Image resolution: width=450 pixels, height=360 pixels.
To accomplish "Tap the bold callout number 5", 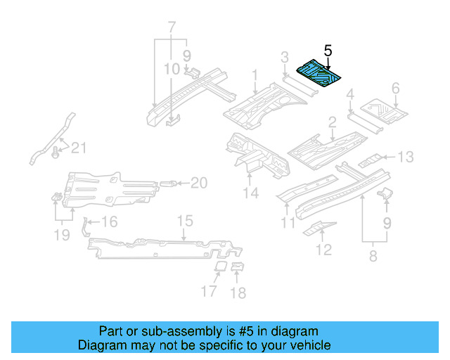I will click(x=328, y=51).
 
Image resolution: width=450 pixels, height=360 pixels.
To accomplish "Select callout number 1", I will click(x=255, y=75).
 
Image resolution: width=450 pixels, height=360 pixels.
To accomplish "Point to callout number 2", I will click(x=332, y=124).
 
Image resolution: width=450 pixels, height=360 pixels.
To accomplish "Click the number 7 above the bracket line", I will click(x=170, y=28).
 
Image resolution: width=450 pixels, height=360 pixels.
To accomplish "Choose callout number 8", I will click(x=372, y=256).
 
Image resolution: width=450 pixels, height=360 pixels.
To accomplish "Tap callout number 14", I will click(x=250, y=193).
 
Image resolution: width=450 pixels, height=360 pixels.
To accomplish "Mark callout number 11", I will click(x=288, y=224).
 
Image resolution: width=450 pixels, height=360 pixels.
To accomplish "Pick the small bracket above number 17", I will click(x=219, y=267).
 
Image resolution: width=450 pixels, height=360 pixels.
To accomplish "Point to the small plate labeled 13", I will click(x=372, y=160).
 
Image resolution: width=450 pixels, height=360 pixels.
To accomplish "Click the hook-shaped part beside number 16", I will click(x=86, y=225).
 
